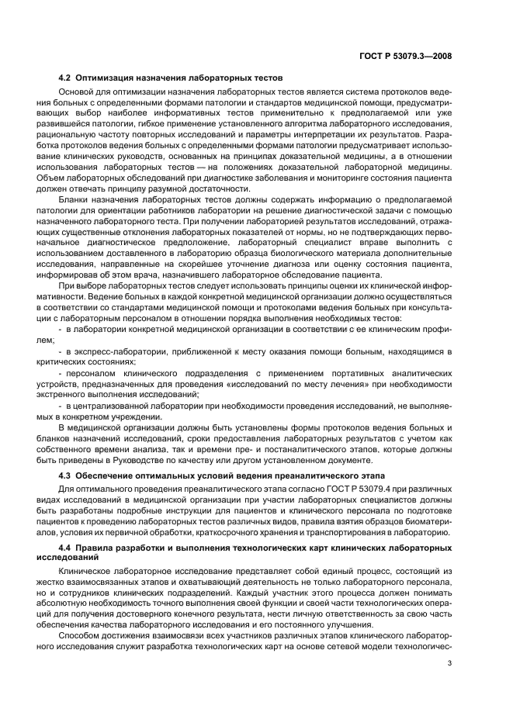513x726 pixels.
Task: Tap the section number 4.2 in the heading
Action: coord(64,78)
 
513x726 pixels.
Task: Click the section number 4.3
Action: coord(64,474)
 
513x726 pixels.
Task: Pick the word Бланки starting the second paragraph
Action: coord(75,200)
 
